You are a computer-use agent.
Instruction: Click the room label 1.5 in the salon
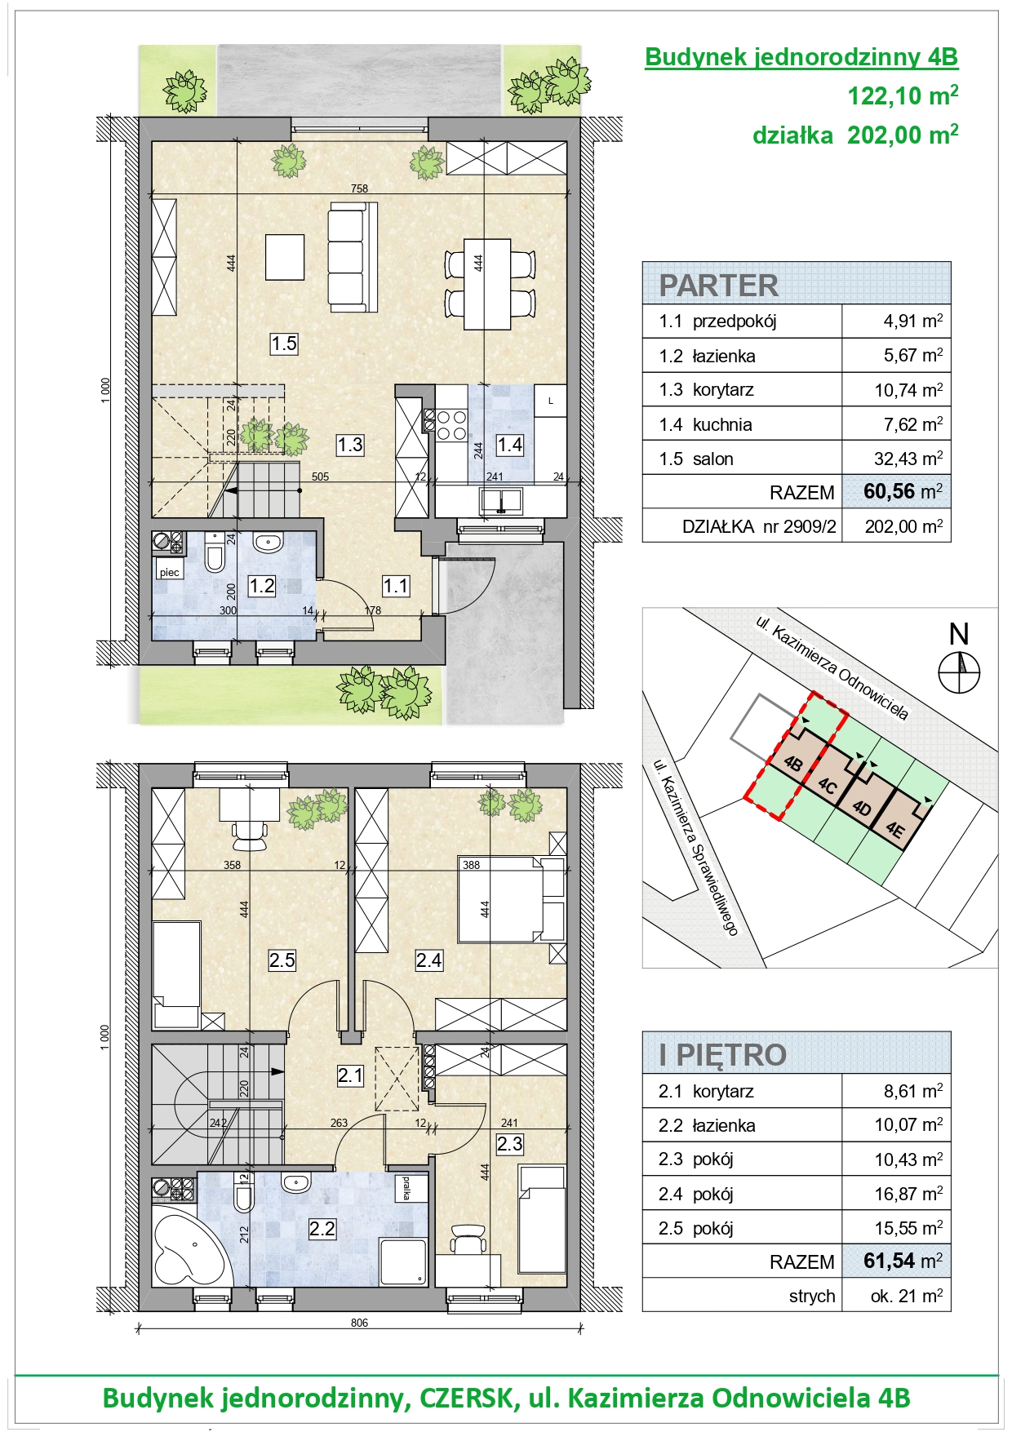(x=284, y=344)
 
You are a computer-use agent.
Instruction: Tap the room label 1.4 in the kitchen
(x=510, y=445)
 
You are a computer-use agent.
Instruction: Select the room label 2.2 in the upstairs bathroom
(x=322, y=1229)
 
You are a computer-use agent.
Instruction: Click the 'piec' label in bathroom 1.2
(x=170, y=572)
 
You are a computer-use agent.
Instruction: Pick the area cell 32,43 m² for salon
(x=908, y=458)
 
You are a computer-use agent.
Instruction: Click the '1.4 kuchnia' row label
(x=705, y=424)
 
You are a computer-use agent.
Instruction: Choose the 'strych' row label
(x=812, y=1296)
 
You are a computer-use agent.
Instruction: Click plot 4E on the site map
(x=895, y=831)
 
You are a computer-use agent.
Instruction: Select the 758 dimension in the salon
(x=359, y=188)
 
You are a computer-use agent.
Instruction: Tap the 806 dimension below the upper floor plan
(x=359, y=1323)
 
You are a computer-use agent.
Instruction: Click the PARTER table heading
(x=718, y=286)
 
